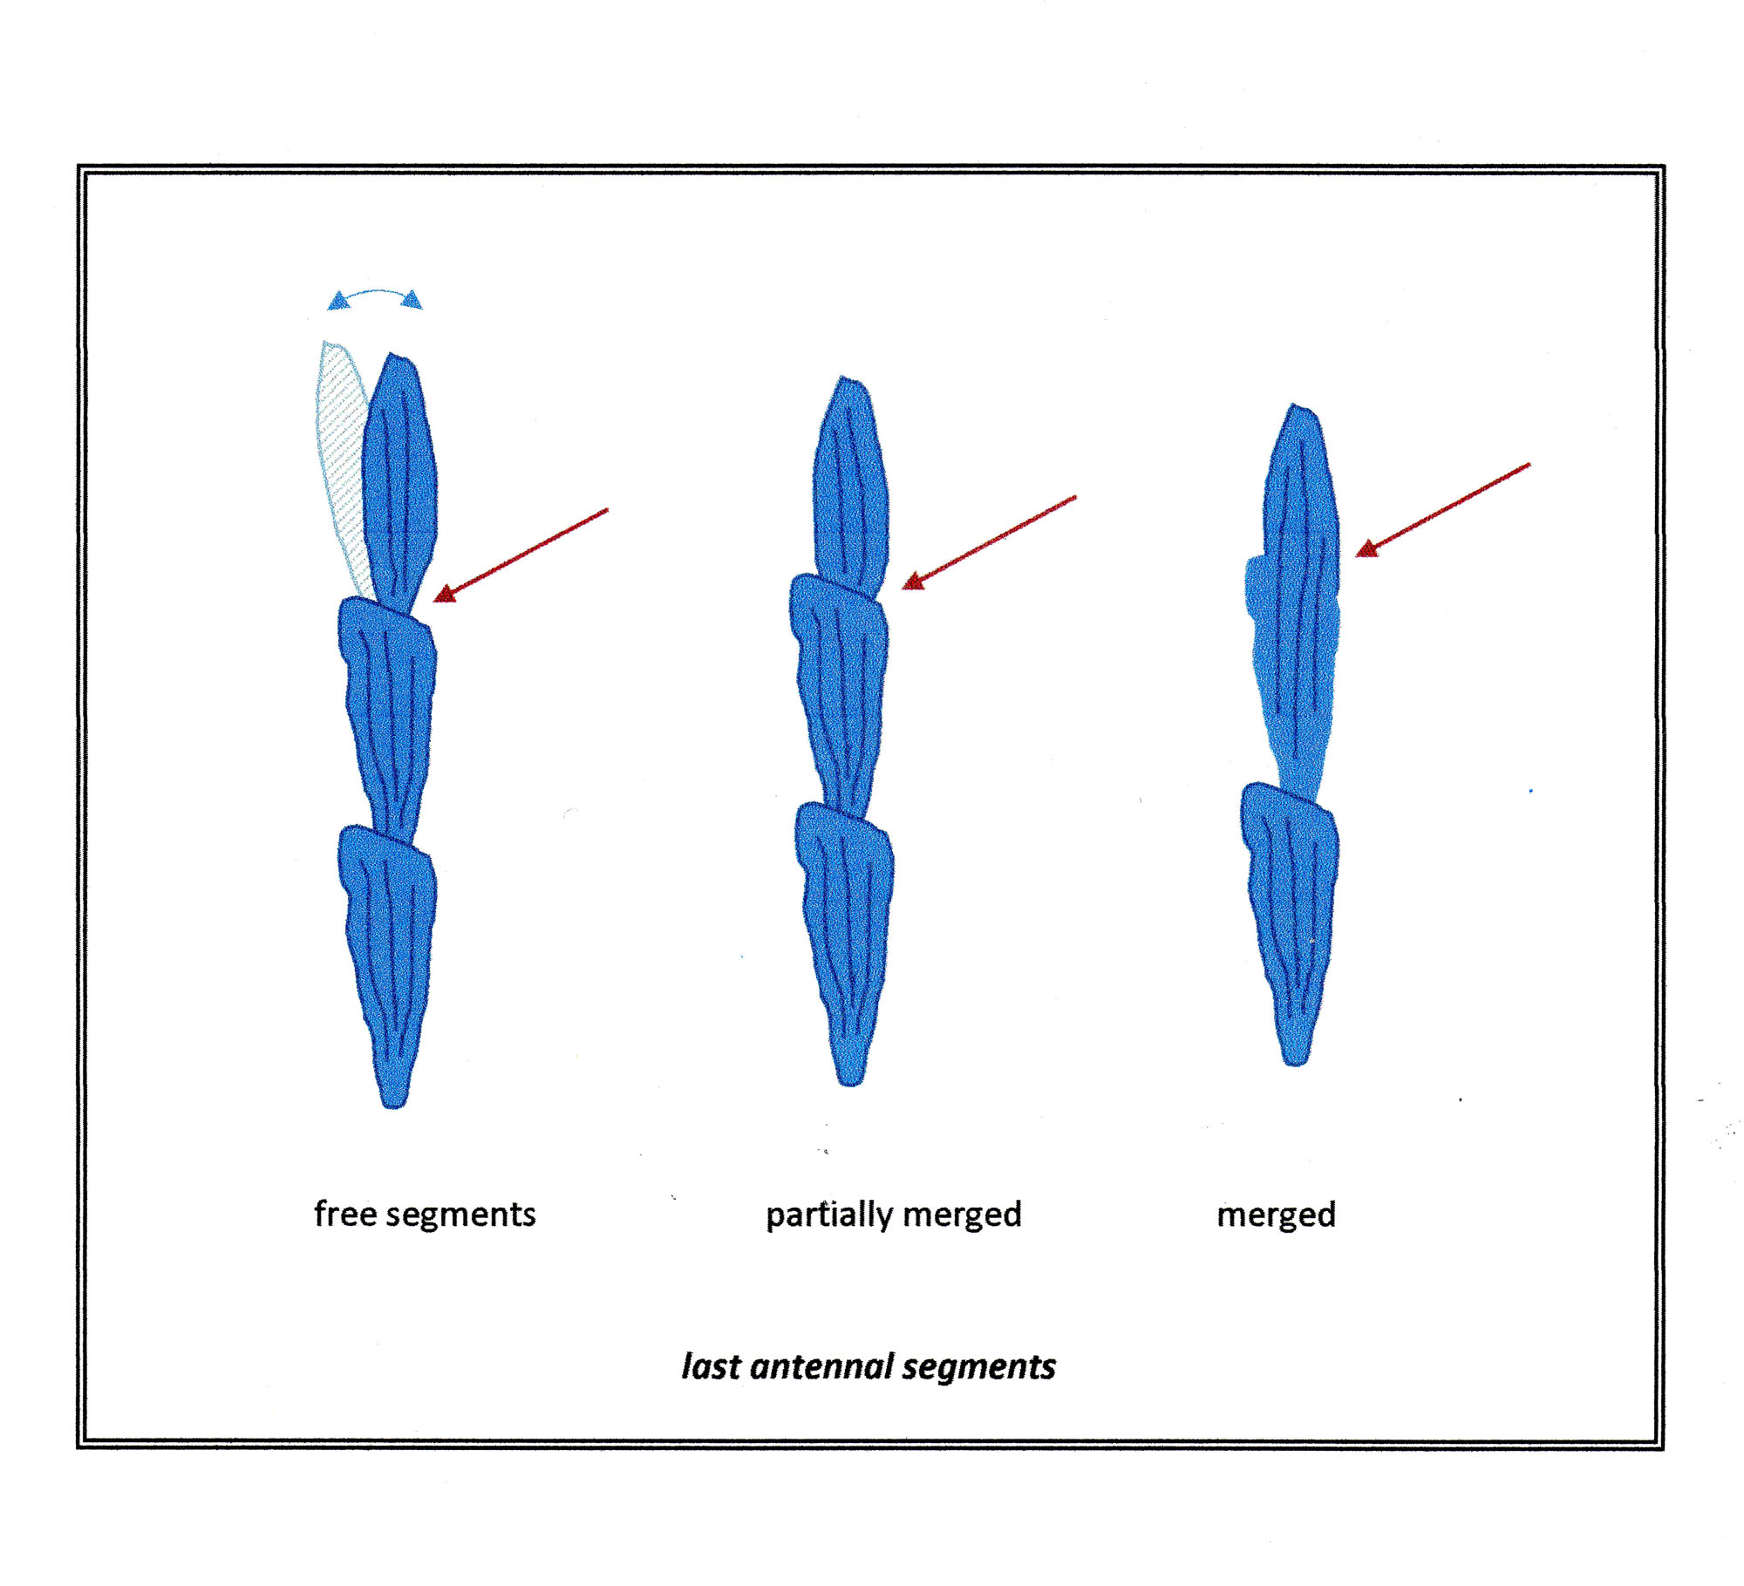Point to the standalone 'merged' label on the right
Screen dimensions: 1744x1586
pos(1277,1215)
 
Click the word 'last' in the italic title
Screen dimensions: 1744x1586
pos(711,1366)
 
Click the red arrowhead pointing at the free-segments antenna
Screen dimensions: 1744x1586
pos(446,594)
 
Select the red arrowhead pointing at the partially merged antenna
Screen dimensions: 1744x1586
pos(914,581)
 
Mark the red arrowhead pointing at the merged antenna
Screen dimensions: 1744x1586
pos(1367,548)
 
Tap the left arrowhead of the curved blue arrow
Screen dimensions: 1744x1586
pos(338,302)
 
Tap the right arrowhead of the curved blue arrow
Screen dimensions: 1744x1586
pos(412,300)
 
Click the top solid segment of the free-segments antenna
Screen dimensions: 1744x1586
pos(399,485)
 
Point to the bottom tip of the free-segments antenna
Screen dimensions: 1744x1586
pos(393,1106)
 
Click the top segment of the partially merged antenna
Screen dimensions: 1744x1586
pos(850,488)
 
